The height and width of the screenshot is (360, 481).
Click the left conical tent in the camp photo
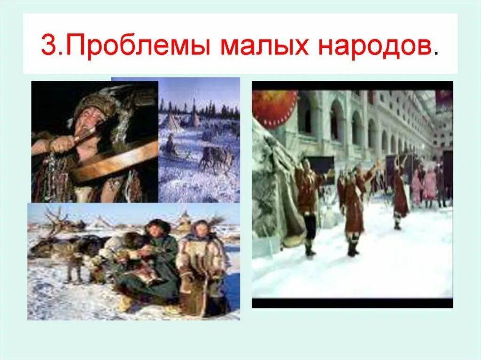pyautogui.click(x=170, y=122)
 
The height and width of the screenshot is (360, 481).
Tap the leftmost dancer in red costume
pyautogui.click(x=308, y=202)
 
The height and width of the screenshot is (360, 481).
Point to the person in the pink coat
pyautogui.click(x=429, y=185)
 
